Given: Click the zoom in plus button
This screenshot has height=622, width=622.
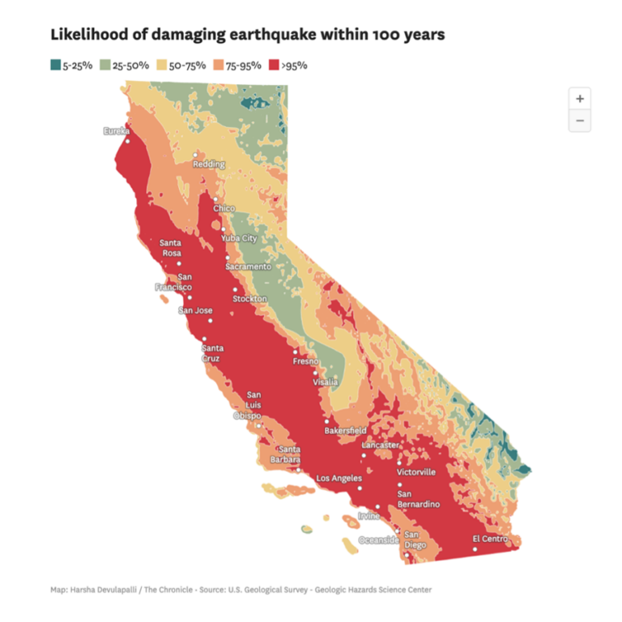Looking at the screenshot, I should pos(579,98).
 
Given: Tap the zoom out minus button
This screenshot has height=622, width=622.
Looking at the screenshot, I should pos(579,121).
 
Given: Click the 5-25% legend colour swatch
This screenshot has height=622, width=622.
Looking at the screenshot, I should pos(55,65).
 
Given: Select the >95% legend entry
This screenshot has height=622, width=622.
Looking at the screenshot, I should pos(288,65).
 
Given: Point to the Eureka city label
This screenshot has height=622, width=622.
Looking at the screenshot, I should pos(117,131).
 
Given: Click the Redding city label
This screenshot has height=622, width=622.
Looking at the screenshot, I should pos(208,164).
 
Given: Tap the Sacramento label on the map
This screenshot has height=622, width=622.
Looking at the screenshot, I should pos(248,266).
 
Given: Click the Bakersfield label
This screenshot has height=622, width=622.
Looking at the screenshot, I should pos(345,430).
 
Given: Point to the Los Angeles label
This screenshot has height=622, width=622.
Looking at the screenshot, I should pos(339,478).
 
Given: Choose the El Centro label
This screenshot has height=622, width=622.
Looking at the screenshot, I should pos(490,539).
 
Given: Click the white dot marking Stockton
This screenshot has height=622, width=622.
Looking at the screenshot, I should pos(236,289).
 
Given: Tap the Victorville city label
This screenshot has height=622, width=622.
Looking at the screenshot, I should pos(416,471).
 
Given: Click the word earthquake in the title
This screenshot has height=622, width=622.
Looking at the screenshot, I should pos(266,35).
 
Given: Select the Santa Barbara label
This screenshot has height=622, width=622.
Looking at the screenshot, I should pos(290,454).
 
